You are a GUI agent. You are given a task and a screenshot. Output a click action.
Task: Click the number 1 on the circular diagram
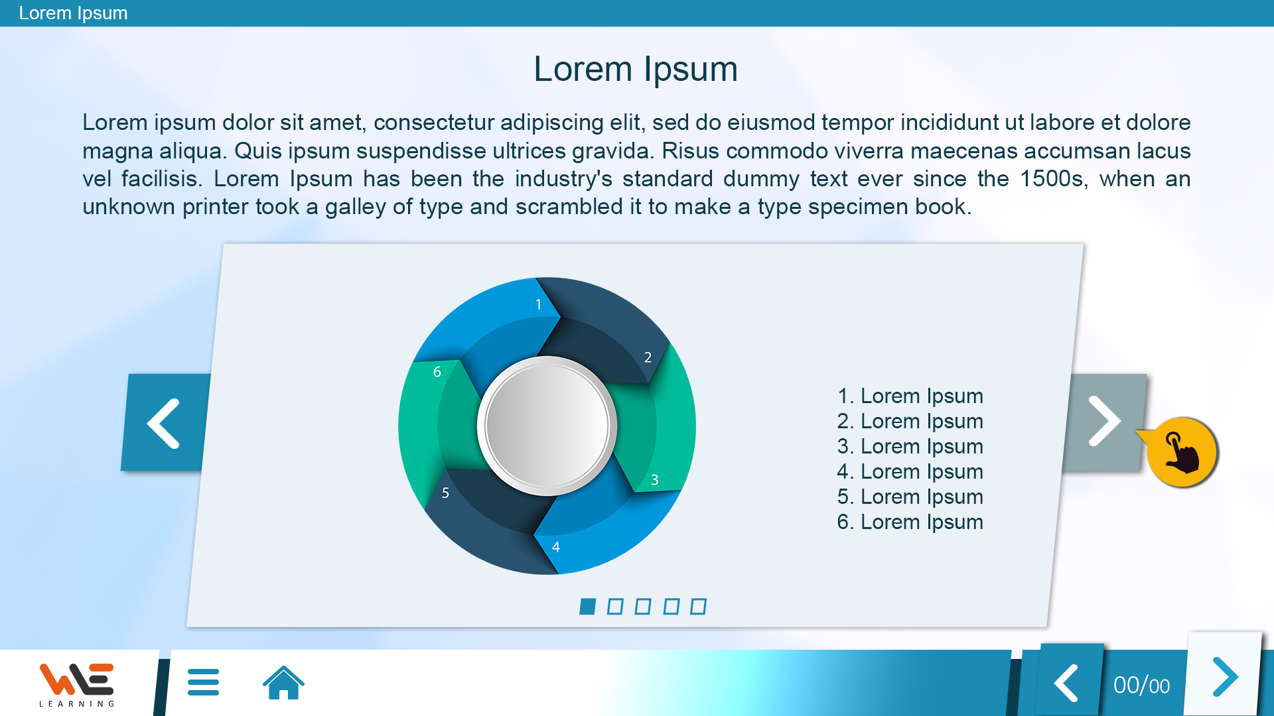pyautogui.click(x=538, y=304)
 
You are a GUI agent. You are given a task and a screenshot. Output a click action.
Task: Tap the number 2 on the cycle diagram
pyautogui.click(x=648, y=357)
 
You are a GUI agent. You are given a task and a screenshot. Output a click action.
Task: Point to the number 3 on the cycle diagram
pyautogui.click(x=654, y=479)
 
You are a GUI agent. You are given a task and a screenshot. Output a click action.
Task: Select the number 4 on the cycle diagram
pyautogui.click(x=556, y=547)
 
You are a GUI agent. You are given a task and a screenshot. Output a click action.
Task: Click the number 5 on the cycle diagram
pyautogui.click(x=445, y=493)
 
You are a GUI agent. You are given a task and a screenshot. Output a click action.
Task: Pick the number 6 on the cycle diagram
pyautogui.click(x=437, y=372)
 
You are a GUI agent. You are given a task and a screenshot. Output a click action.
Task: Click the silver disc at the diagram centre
pyautogui.click(x=547, y=426)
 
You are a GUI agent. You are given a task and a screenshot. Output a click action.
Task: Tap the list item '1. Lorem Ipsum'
pyautogui.click(x=910, y=396)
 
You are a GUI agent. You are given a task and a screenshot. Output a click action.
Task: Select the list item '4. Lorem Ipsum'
pyautogui.click(x=910, y=471)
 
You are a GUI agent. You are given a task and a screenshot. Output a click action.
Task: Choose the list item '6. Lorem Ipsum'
pyautogui.click(x=910, y=522)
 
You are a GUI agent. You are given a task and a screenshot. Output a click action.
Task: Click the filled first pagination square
pyautogui.click(x=587, y=607)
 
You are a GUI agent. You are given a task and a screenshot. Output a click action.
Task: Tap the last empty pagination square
pyautogui.click(x=698, y=607)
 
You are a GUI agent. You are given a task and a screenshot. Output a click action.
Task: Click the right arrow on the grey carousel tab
pyautogui.click(x=1104, y=422)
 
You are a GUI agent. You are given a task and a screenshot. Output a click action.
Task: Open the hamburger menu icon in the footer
pyautogui.click(x=203, y=682)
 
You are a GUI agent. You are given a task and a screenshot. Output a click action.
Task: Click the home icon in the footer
pyautogui.click(x=283, y=682)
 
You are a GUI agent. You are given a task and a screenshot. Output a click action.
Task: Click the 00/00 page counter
pyautogui.click(x=1141, y=685)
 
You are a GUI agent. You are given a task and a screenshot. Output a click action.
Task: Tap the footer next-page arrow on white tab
pyautogui.click(x=1225, y=677)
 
